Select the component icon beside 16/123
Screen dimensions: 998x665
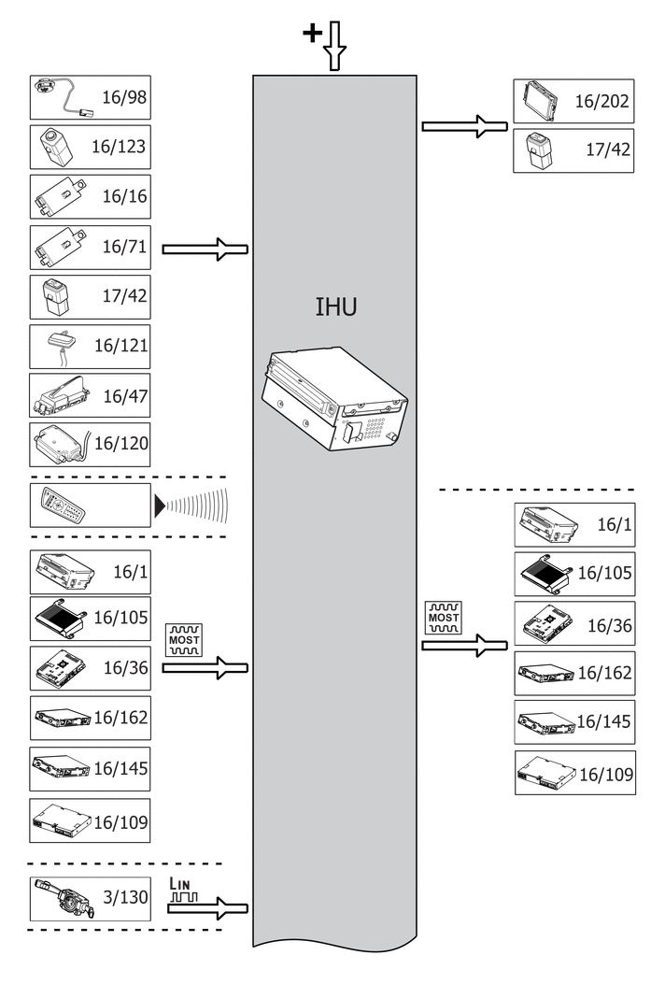tap(54, 147)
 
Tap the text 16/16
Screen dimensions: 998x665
tap(124, 196)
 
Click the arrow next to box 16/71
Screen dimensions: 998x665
tap(205, 249)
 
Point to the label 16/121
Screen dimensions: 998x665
tap(120, 346)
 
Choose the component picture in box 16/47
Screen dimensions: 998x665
tap(61, 395)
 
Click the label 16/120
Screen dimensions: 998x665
tap(120, 443)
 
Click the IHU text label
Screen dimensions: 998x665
tap(335, 307)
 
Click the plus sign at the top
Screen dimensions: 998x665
tap(311, 34)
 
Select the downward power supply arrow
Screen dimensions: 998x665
tap(335, 47)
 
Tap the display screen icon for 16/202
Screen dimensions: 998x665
tap(541, 101)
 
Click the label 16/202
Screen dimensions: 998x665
tap(601, 102)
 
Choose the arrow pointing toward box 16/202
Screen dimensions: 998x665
tap(463, 126)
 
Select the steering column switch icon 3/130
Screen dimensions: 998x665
tap(61, 897)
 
